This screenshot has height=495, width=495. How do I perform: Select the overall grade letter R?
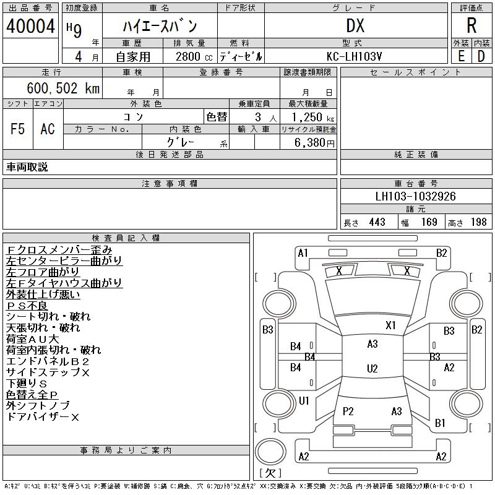[471, 25]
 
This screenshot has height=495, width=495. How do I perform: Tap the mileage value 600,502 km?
[62, 88]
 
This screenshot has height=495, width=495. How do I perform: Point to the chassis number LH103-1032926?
[416, 197]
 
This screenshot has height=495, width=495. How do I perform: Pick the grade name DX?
[355, 25]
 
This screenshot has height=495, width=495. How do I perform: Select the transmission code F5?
[17, 129]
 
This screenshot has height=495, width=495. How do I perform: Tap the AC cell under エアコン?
[48, 129]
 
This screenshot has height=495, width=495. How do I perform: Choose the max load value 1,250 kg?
[309, 117]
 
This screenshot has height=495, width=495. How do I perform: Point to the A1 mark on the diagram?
[303, 252]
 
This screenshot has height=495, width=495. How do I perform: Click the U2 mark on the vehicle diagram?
[372, 369]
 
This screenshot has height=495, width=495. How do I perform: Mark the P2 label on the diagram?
[348, 411]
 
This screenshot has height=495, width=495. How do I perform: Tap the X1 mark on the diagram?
[390, 325]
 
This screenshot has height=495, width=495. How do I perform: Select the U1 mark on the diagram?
[304, 400]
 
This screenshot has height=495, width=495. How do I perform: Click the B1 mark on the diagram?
[441, 423]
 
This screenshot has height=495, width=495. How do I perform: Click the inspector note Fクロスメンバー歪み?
[59, 250]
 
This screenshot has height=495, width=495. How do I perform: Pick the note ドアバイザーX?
[43, 417]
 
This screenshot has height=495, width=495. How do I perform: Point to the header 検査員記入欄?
[126, 238]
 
